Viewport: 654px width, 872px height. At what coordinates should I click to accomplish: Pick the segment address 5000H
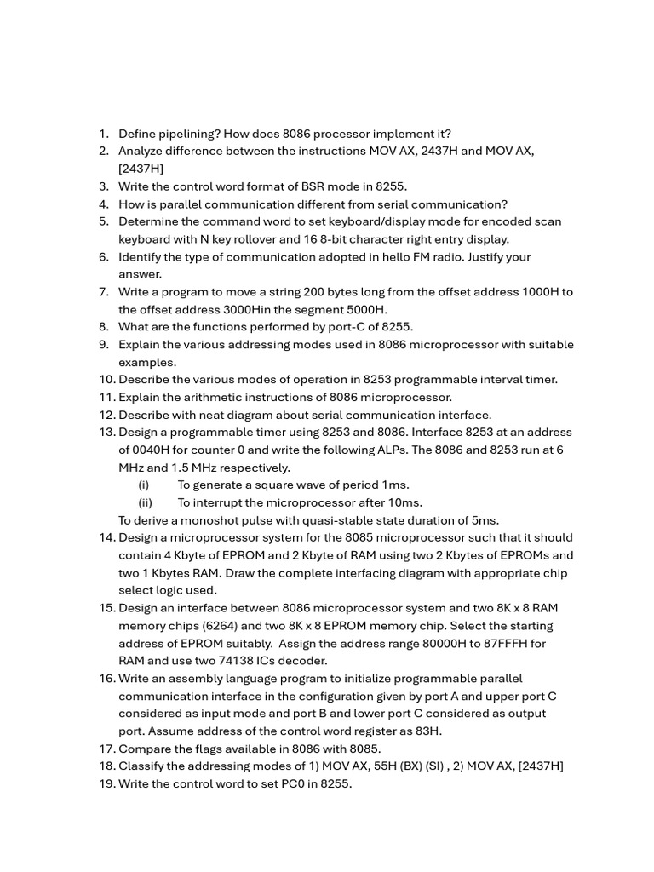pyautogui.click(x=369, y=310)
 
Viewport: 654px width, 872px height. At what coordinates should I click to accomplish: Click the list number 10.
pyautogui.click(x=106, y=380)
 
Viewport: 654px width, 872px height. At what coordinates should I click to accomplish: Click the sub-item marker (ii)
pyautogui.click(x=145, y=502)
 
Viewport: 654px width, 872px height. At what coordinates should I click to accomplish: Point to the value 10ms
pyautogui.click(x=404, y=502)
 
